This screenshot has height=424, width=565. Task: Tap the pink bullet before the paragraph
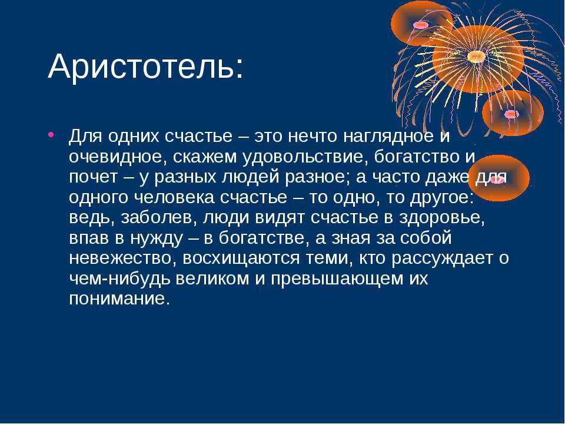point(51,135)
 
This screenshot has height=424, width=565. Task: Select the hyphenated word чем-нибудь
point(119,279)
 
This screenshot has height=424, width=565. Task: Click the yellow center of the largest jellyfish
point(476,57)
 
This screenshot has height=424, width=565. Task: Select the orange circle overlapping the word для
point(498,178)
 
